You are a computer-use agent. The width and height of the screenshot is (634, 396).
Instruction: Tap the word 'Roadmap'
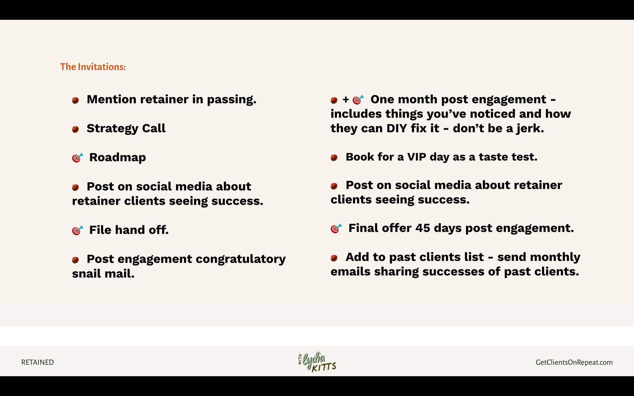[118, 158]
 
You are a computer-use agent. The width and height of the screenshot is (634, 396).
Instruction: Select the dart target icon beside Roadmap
[78, 158]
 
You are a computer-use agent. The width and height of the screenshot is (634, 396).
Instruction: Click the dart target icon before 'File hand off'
[78, 230]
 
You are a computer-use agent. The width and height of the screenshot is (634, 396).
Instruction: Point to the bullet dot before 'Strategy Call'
[76, 129]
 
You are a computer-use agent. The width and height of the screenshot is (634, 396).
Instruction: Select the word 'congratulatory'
[241, 260]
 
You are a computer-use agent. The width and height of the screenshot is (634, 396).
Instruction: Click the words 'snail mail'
[103, 274]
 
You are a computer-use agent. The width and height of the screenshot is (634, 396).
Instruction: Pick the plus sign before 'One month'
[346, 99]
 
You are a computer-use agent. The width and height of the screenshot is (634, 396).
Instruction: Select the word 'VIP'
[417, 157]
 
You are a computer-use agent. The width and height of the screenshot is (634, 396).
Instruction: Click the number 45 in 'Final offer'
[423, 228]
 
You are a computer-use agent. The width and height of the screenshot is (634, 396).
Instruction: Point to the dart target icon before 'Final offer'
[336, 228]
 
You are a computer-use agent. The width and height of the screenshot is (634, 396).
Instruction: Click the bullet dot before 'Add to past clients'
[334, 258]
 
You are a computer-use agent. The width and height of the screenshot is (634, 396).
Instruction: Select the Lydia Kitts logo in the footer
[317, 362]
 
